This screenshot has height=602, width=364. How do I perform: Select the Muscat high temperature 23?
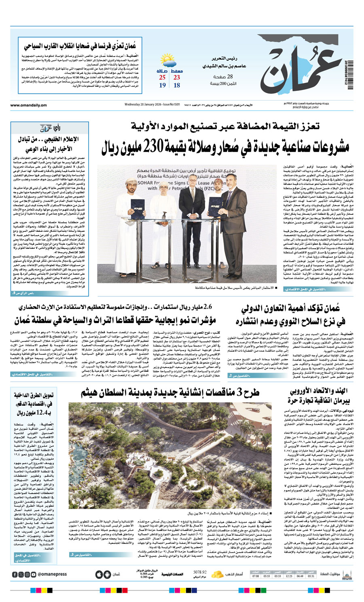click(x=177, y=77)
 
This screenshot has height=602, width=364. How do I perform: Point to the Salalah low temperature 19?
click(x=162, y=85)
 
